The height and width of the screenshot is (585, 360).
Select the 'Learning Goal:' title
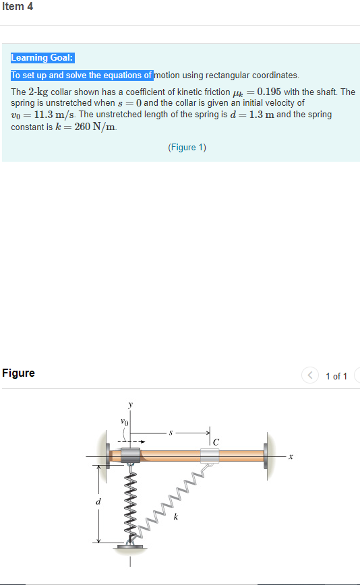[x=42, y=58]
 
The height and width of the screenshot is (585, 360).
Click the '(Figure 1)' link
[x=187, y=148]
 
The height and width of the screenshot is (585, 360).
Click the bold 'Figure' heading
[x=19, y=373]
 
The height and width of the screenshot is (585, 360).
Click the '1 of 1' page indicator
[x=336, y=376]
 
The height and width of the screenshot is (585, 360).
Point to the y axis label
[x=131, y=405]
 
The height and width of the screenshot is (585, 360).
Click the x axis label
[x=291, y=456]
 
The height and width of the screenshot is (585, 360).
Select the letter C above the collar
[x=216, y=442]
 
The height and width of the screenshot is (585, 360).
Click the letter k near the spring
[x=176, y=517]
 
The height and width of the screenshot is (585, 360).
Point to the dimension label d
[x=99, y=501]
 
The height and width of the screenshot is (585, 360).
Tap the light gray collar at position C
[x=210, y=456]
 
